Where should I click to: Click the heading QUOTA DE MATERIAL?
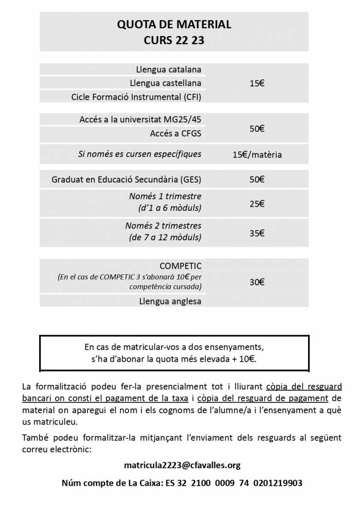pos(174,24)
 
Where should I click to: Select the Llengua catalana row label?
pos(169,69)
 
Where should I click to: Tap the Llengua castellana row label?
pos(165,83)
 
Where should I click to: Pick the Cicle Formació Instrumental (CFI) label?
pos(136,97)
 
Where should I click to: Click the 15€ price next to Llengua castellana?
pos(257,83)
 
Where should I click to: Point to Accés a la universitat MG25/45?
pos(140,119)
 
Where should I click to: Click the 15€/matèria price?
pos(257,154)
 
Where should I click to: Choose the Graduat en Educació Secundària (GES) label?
pos(127,180)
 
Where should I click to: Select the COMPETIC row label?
pos(181,266)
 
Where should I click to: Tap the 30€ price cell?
pos(257,281)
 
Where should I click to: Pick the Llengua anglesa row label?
pos(170,301)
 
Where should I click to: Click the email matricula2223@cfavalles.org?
pos(182,465)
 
